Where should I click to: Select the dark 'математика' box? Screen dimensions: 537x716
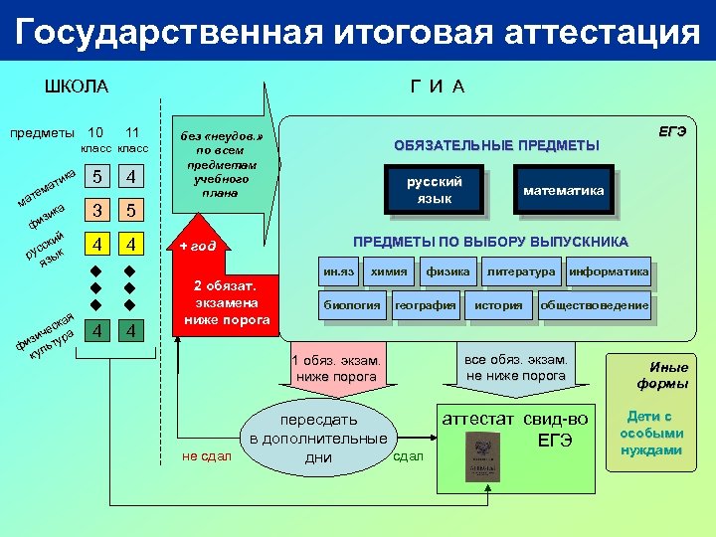tap(564, 190)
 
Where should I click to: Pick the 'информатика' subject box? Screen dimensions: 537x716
tap(609, 271)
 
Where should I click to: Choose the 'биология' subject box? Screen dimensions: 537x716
tap(352, 305)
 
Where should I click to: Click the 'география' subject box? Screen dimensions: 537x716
tap(426, 305)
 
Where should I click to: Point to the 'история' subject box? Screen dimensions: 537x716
tap(499, 305)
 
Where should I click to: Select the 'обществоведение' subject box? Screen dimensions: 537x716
tap(595, 305)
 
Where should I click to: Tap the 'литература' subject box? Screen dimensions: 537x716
tap(521, 271)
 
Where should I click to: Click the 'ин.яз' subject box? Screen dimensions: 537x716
tap(338, 271)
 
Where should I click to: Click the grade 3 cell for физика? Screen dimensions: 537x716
tap(96, 211)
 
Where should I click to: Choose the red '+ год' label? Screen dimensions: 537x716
tap(198, 246)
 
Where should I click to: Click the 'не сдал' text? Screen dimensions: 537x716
tap(207, 456)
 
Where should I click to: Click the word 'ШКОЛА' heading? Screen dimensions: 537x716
tap(77, 87)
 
